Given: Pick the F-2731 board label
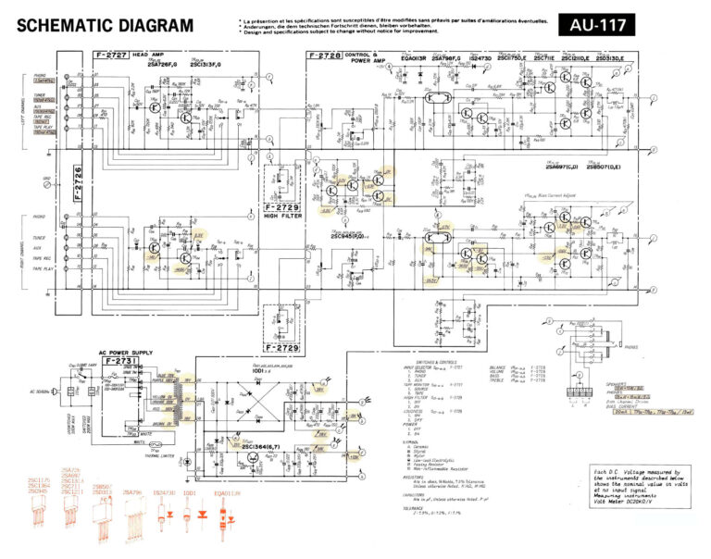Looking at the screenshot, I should click(119, 359).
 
